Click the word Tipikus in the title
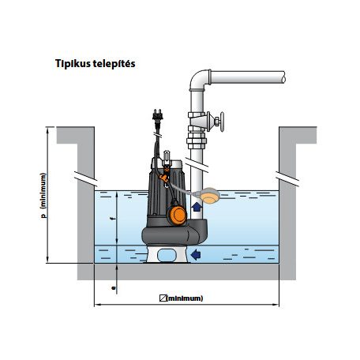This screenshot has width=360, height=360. tap(69, 64)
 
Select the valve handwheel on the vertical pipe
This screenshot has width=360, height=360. tap(222, 122)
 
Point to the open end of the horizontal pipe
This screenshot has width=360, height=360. tap(283, 77)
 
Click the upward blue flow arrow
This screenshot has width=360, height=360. tap(197, 207)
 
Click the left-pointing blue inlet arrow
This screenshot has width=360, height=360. tap(196, 254)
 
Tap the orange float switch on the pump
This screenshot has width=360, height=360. tap(177, 215)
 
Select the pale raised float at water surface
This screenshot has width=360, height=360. tap(209, 196)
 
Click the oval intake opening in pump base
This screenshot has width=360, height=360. tap(167, 255)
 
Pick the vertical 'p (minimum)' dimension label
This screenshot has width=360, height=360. tap(43, 196)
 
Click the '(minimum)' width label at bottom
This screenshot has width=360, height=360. tap(186, 298)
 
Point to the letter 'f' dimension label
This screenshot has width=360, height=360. tap(113, 218)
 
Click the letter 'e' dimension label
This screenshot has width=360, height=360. tap(114, 288)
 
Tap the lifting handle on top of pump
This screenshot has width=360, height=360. tap(167, 156)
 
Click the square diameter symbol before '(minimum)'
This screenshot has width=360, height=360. tap(163, 298)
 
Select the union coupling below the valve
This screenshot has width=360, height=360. tap(197, 141)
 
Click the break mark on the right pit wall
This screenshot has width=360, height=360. tap(287, 179)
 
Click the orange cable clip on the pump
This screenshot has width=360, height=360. tap(165, 178)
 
